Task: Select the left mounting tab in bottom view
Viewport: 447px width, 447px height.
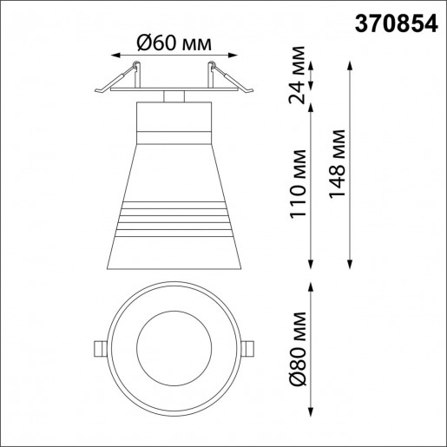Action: pos(98,348)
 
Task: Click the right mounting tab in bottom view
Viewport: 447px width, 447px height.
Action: pos(249,348)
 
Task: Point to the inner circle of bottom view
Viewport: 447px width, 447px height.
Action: pos(174,347)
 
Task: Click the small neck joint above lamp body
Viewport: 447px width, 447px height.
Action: pos(174,95)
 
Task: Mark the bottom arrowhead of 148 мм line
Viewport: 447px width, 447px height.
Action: pos(349,263)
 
